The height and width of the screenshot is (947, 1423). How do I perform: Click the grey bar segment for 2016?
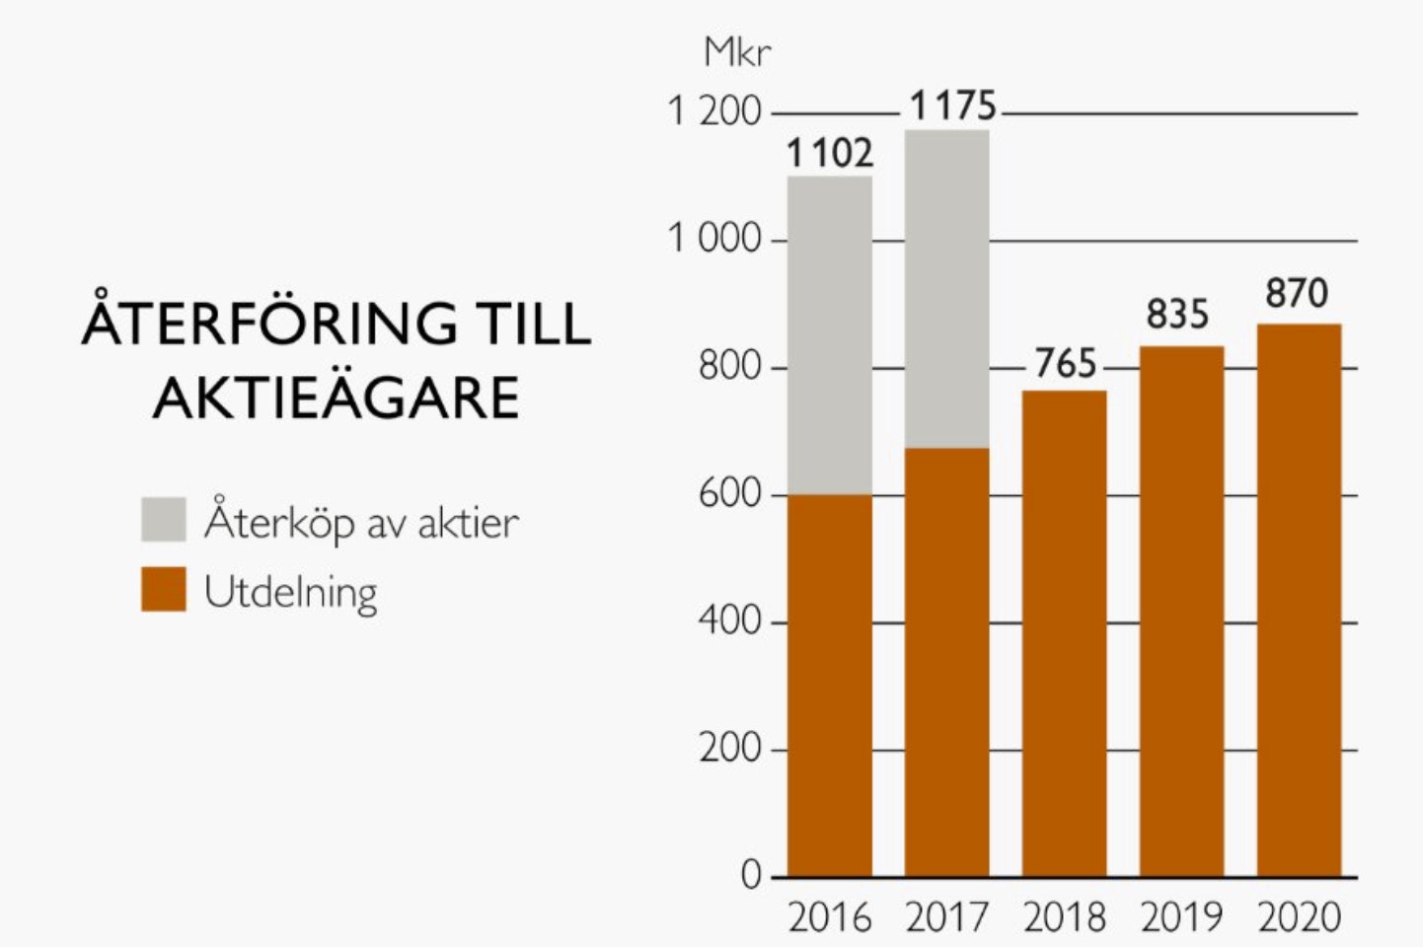tap(829, 335)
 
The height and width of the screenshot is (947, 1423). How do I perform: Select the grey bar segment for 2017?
tap(946, 289)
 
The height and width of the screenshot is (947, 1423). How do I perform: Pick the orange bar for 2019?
tap(1181, 612)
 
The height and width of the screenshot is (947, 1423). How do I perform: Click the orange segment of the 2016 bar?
tap(829, 686)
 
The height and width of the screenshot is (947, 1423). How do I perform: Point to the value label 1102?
tap(829, 154)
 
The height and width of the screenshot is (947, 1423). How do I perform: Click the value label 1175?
tap(952, 106)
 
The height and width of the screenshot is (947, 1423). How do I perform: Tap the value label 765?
tap(1065, 364)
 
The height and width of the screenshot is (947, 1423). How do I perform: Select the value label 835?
tap(1177, 315)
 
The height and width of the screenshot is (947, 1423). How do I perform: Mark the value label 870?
tap(1297, 293)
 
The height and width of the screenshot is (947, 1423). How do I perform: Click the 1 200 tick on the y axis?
tap(714, 111)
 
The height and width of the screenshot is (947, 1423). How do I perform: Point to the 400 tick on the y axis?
tap(729, 621)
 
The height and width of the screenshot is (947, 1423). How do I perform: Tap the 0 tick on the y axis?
tap(751, 875)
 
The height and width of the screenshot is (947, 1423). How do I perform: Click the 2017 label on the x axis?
tap(946, 917)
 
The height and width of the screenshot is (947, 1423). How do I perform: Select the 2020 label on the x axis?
tap(1299, 917)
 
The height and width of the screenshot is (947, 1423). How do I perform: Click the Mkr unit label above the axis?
tap(737, 52)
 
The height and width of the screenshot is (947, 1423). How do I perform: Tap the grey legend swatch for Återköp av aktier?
tap(164, 519)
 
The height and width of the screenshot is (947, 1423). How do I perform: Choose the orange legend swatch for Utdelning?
tap(164, 589)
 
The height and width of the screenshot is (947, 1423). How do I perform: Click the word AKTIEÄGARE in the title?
tap(337, 399)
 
